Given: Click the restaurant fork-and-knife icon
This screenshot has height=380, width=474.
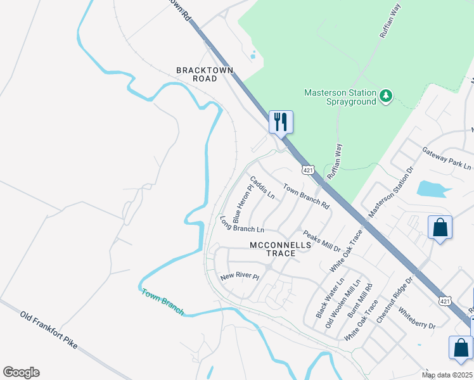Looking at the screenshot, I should click(x=281, y=121).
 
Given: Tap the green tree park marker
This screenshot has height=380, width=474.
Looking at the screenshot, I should click(x=386, y=96).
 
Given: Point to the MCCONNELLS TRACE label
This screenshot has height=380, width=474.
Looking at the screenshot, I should click(x=281, y=249).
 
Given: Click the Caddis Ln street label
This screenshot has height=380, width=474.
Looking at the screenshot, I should click(x=262, y=187).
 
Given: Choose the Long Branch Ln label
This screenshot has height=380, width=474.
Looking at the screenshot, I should click(x=241, y=224).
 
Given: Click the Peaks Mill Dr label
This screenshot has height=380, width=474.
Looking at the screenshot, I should click(x=322, y=241).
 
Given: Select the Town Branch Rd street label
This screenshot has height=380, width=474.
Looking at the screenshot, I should click(x=307, y=196).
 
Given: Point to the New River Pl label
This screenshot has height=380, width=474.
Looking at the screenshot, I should click(x=240, y=277).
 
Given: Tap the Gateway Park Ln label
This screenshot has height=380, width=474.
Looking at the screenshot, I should click(x=447, y=158).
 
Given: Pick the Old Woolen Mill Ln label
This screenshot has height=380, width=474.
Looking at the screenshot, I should click(x=343, y=303).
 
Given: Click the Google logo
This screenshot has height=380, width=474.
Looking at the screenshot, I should click(x=21, y=372).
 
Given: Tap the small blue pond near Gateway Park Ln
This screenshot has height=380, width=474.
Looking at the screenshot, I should click(x=430, y=188).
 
